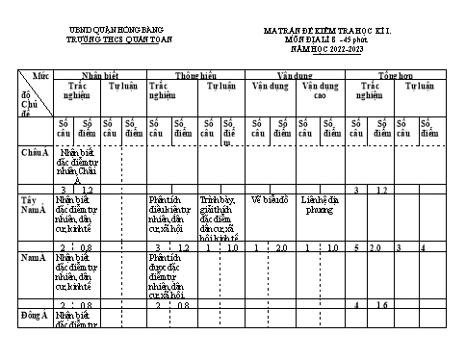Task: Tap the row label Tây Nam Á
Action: point(35,205)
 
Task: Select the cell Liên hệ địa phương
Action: point(319,205)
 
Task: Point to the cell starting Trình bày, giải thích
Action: point(221,218)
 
